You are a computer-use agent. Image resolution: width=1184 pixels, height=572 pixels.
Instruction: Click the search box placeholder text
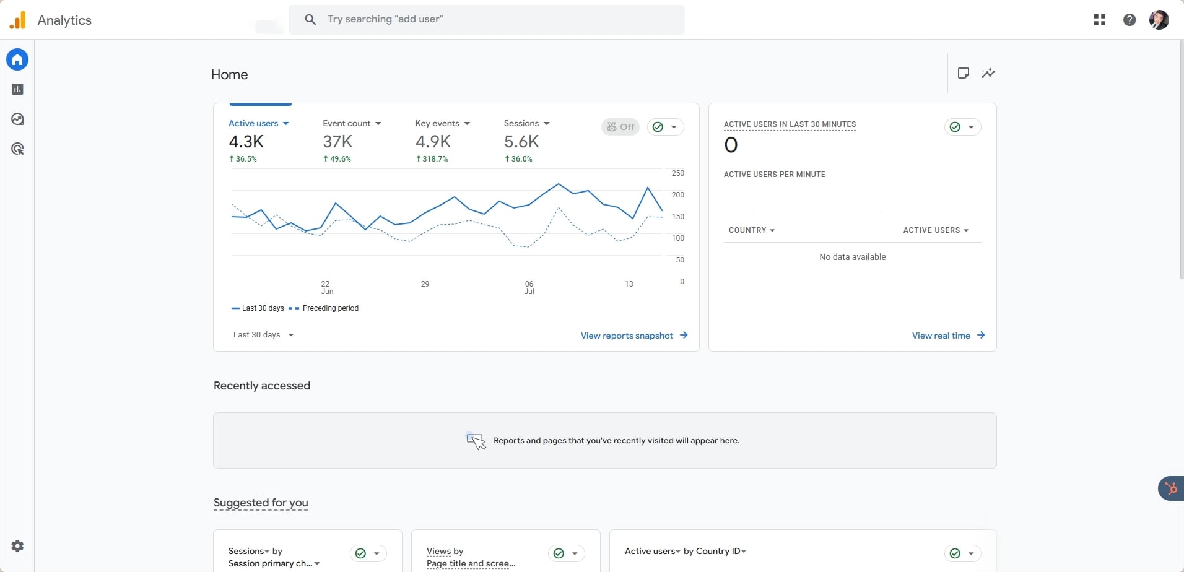coord(385,19)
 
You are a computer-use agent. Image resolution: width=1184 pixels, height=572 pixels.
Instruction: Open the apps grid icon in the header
coord(1100,20)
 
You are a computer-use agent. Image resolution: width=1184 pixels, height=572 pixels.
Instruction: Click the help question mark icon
coord(1130,20)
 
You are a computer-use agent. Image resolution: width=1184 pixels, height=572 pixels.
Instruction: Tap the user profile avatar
coord(1159,20)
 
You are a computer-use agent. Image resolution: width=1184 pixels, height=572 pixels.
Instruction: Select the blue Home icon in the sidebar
coord(17,59)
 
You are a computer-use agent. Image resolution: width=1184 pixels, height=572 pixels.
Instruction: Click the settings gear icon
coord(17,546)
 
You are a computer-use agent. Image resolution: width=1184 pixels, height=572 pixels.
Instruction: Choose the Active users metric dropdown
coord(258,123)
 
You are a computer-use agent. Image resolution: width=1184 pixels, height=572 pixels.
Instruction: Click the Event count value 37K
coord(337,142)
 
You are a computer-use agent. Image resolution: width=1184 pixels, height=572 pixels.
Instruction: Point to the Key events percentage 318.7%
coord(432,159)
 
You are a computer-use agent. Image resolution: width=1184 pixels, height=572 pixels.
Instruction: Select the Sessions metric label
coord(521,123)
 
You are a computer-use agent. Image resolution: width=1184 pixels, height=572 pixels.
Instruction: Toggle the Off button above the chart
coord(620,127)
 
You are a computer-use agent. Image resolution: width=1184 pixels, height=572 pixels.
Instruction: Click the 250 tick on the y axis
coord(677,173)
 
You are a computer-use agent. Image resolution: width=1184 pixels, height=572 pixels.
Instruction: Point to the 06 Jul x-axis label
coord(529,287)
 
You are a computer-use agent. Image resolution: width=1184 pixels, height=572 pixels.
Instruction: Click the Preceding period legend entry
coord(330,308)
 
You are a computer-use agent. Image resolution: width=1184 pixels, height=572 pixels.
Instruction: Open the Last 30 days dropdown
coord(263,335)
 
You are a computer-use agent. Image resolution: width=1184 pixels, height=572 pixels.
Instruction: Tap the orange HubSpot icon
coord(1171,488)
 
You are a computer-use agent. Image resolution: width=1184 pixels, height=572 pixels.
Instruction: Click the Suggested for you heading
coord(261,503)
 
